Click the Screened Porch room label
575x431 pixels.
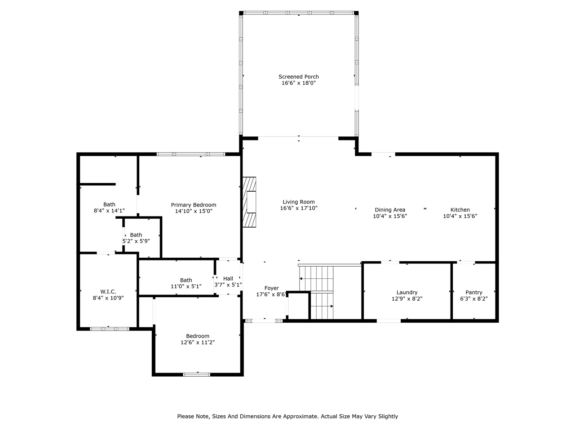pyautogui.click(x=298, y=77)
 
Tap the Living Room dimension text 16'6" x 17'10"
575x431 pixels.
pyautogui.click(x=298, y=208)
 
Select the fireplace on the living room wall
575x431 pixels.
pyautogui.click(x=249, y=202)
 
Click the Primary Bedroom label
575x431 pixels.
pyautogui.click(x=193, y=205)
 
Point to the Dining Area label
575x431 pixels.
pyautogui.click(x=389, y=210)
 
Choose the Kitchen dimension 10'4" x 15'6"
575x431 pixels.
pyautogui.click(x=460, y=216)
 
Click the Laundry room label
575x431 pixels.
pyautogui.click(x=407, y=292)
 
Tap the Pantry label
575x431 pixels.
pyautogui.click(x=473, y=292)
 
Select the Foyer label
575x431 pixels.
pyautogui.click(x=271, y=288)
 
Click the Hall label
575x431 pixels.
pyautogui.click(x=228, y=278)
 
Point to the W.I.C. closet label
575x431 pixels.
pyautogui.click(x=108, y=291)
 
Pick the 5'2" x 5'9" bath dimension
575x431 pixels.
pyautogui.click(x=136, y=241)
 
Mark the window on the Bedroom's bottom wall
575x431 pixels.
pyautogui.click(x=196, y=374)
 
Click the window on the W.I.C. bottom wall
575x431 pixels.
pyautogui.click(x=110, y=329)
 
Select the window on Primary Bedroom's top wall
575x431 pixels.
pyautogui.click(x=190, y=154)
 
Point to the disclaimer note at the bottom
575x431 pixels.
pyautogui.click(x=287, y=416)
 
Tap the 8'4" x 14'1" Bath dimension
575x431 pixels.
pyautogui.click(x=109, y=211)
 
